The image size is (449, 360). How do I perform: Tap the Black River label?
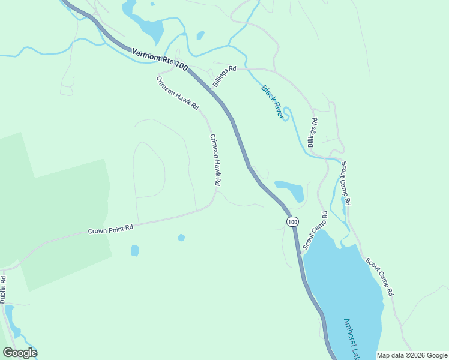click(x=272, y=101)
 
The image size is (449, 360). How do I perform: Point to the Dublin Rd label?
click(x=3, y=288)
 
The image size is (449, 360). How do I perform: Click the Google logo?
click(x=20, y=352)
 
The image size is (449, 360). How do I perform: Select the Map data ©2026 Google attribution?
click(x=412, y=355)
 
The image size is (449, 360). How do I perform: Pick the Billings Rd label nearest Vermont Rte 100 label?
click(x=224, y=76)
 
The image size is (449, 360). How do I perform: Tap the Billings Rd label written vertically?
click(x=313, y=133)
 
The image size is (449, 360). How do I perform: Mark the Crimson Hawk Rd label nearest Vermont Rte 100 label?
click(x=178, y=93)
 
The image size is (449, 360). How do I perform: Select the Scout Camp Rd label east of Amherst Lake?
click(x=379, y=277)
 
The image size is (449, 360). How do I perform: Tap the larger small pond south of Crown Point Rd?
click(x=135, y=250)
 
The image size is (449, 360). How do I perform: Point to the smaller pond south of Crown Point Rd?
click(x=181, y=238)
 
